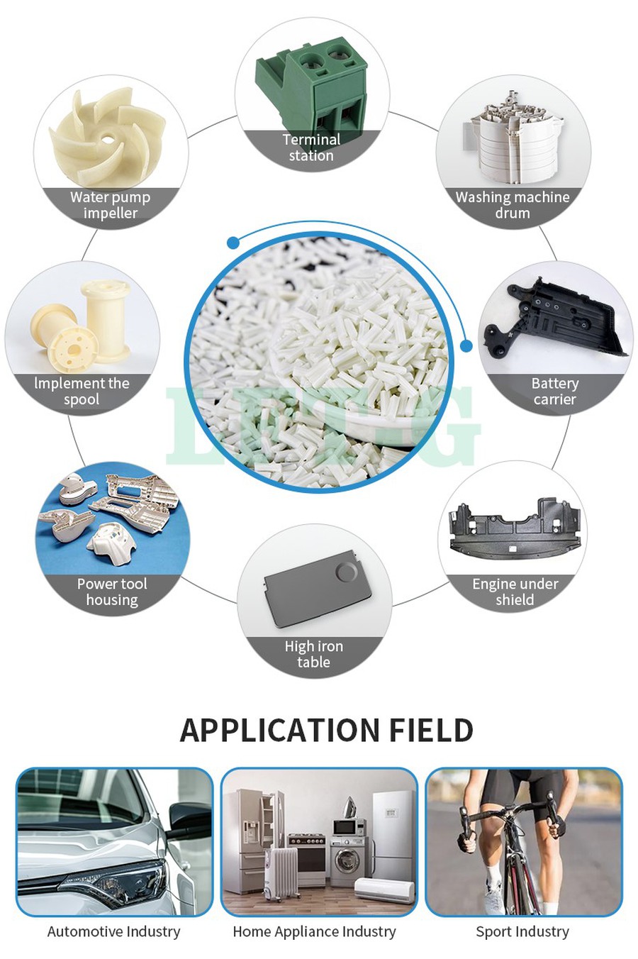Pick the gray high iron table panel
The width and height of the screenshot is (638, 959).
click(311, 589)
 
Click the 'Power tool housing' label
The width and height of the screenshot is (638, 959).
click(112, 592)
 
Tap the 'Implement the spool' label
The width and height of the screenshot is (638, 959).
click(82, 391)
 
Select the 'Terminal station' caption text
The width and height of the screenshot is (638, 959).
click(311, 148)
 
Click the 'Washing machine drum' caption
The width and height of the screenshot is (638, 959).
click(513, 205)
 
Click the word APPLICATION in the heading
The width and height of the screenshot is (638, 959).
click(277, 730)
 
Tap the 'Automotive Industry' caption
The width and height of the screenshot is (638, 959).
click(113, 931)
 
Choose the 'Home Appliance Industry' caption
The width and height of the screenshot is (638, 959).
click(314, 931)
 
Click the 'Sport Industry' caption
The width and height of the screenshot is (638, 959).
click(522, 931)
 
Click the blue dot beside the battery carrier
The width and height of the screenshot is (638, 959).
click(466, 345)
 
